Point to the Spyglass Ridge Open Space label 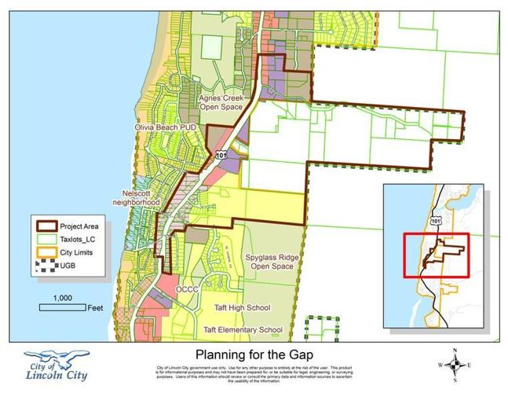pos(271,262)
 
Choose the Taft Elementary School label pos(243,329)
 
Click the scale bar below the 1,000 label pos(62,308)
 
